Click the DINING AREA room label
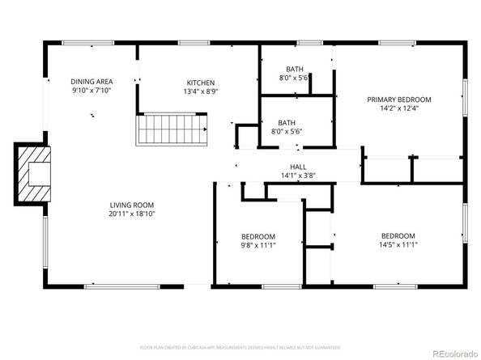click(x=92, y=82)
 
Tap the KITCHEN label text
click(x=201, y=83)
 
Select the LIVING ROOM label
click(x=132, y=205)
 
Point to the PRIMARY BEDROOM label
click(x=399, y=100)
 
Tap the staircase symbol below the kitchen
click(x=170, y=129)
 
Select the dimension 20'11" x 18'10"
click(x=132, y=214)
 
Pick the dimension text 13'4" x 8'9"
click(x=201, y=92)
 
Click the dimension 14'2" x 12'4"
click(x=399, y=109)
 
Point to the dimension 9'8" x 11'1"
click(x=258, y=245)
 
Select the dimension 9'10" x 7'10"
click(x=92, y=91)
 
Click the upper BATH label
click(x=295, y=69)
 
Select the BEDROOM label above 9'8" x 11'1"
click(x=258, y=235)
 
